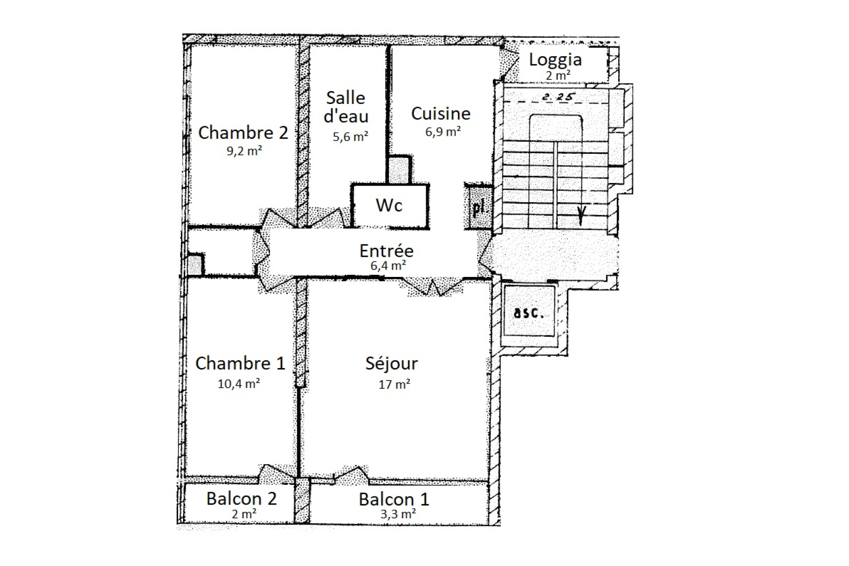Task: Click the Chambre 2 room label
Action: (243, 133)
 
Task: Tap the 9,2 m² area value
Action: (245, 151)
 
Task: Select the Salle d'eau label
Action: (345, 107)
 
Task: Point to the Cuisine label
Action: (441, 114)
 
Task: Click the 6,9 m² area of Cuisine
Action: (443, 132)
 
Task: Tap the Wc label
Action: (389, 205)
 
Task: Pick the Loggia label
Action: (555, 60)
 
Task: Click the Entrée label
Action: (386, 251)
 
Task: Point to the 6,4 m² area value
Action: (388, 266)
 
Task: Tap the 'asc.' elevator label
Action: (529, 314)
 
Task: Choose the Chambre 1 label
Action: (240, 363)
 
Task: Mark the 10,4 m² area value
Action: (239, 384)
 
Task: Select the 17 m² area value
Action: (394, 384)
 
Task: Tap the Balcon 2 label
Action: (241, 499)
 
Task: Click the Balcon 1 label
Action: (394, 499)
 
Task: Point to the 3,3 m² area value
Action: (398, 514)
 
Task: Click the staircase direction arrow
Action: (581, 215)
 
